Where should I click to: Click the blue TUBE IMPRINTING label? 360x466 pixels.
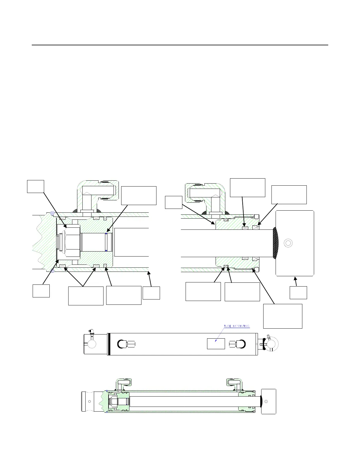pos(237,326)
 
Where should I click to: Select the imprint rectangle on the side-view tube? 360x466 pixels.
pos(216,344)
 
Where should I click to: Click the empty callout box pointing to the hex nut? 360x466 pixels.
pos(36,187)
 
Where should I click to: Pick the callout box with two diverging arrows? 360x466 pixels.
pos(86,296)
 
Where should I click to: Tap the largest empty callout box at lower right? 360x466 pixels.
pos(283,316)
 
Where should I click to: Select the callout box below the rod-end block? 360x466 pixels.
pos(298,292)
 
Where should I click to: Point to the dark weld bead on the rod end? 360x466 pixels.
pos(275,243)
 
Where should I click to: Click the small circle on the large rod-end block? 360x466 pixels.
pos(288,243)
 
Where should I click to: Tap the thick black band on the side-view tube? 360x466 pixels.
pos(109,344)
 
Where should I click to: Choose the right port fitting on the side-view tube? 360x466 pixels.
pos(237,344)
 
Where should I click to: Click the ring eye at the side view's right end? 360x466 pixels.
pos(272,344)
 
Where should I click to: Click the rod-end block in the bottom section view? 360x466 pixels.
pos(269,401)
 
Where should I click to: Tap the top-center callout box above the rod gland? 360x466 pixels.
pos(247,187)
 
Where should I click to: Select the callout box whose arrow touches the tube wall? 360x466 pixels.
pos(151,293)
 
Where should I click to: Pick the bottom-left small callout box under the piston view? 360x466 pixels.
pos(41,291)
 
